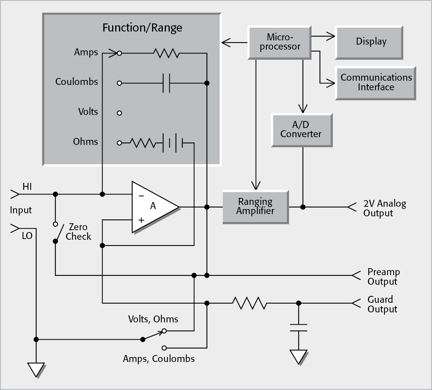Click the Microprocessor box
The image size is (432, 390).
[280, 42]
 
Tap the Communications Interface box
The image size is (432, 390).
[376, 82]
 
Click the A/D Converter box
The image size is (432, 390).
[301, 129]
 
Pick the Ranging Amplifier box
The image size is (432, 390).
[255, 206]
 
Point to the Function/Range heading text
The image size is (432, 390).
[142, 28]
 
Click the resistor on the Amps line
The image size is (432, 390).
[166, 53]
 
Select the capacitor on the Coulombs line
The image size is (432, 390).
[166, 83]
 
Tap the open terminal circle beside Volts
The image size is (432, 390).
[119, 113]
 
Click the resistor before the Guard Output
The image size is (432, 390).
[249, 303]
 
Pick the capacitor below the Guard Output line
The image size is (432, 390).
[298, 328]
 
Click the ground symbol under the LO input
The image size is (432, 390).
[36, 369]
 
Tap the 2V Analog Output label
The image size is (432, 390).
[384, 208]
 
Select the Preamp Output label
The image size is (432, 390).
[383, 277]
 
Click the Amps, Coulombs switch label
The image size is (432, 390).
[159, 359]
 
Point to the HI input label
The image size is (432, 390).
[27, 187]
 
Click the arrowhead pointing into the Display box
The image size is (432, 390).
[331, 37]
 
